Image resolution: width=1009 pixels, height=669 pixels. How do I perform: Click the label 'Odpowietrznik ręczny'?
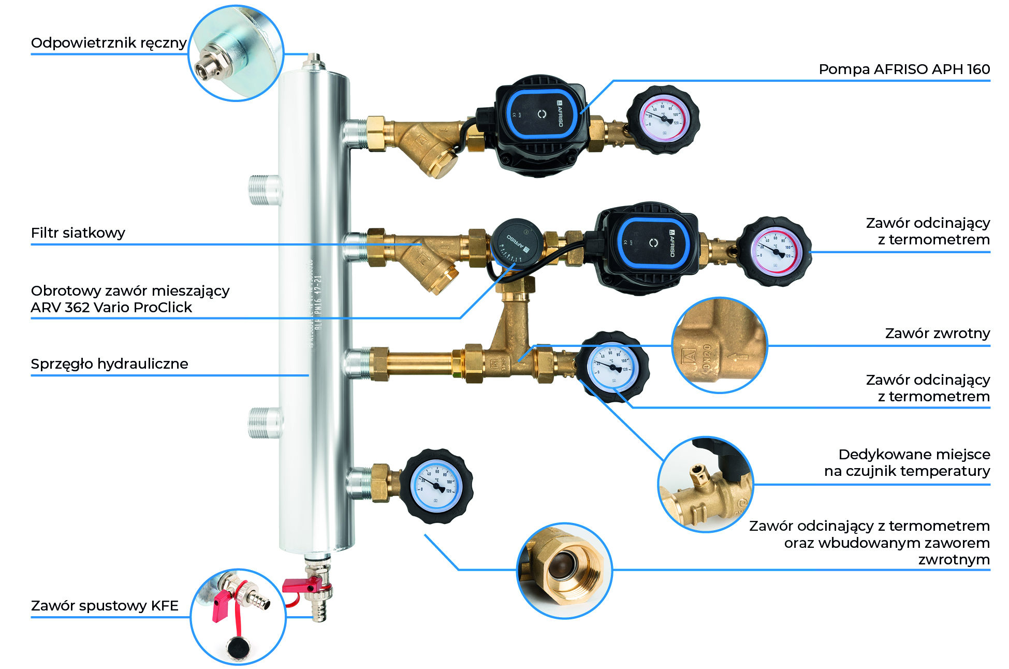coord(109,43)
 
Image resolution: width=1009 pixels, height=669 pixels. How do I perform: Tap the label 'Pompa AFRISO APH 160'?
coord(904,69)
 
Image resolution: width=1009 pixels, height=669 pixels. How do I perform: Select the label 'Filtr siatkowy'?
coord(78,233)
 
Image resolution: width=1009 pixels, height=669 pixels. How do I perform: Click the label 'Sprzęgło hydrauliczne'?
coord(109,364)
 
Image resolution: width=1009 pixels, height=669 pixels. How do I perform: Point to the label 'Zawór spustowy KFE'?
coord(105,606)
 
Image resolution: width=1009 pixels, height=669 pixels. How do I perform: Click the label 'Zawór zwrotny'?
coord(937,333)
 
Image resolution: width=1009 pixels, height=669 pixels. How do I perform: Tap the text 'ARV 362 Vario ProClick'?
coord(111,308)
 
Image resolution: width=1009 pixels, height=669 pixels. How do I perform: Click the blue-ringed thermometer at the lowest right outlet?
coord(436,486)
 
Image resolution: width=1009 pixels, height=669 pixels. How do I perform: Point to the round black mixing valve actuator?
coord(516,243)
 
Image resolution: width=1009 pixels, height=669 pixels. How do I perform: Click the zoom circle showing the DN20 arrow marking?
coord(720,345)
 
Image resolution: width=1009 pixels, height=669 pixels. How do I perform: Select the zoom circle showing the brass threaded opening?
coord(565,571)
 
